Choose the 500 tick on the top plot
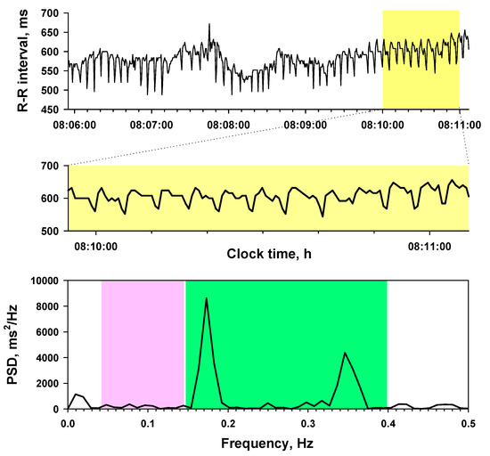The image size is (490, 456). point(51,90)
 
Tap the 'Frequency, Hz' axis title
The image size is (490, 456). point(268,441)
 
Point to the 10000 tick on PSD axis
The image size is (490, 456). point(43,281)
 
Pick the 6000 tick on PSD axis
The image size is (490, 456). point(46,332)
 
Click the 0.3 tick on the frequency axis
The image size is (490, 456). point(307,422)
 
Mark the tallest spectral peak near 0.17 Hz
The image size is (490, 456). point(207,298)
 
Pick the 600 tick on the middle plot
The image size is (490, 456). point(51,199)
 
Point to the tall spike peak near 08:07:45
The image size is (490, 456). point(209,26)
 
